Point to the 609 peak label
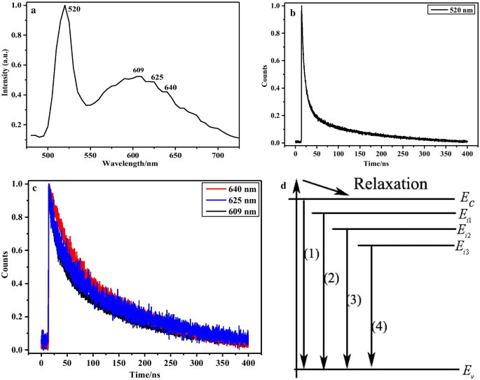point(139,70)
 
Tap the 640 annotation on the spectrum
point(171,88)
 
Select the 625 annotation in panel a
point(158,78)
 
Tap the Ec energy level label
point(468,201)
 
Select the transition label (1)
point(313,253)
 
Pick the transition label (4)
point(378,326)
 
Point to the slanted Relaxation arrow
point(325,188)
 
